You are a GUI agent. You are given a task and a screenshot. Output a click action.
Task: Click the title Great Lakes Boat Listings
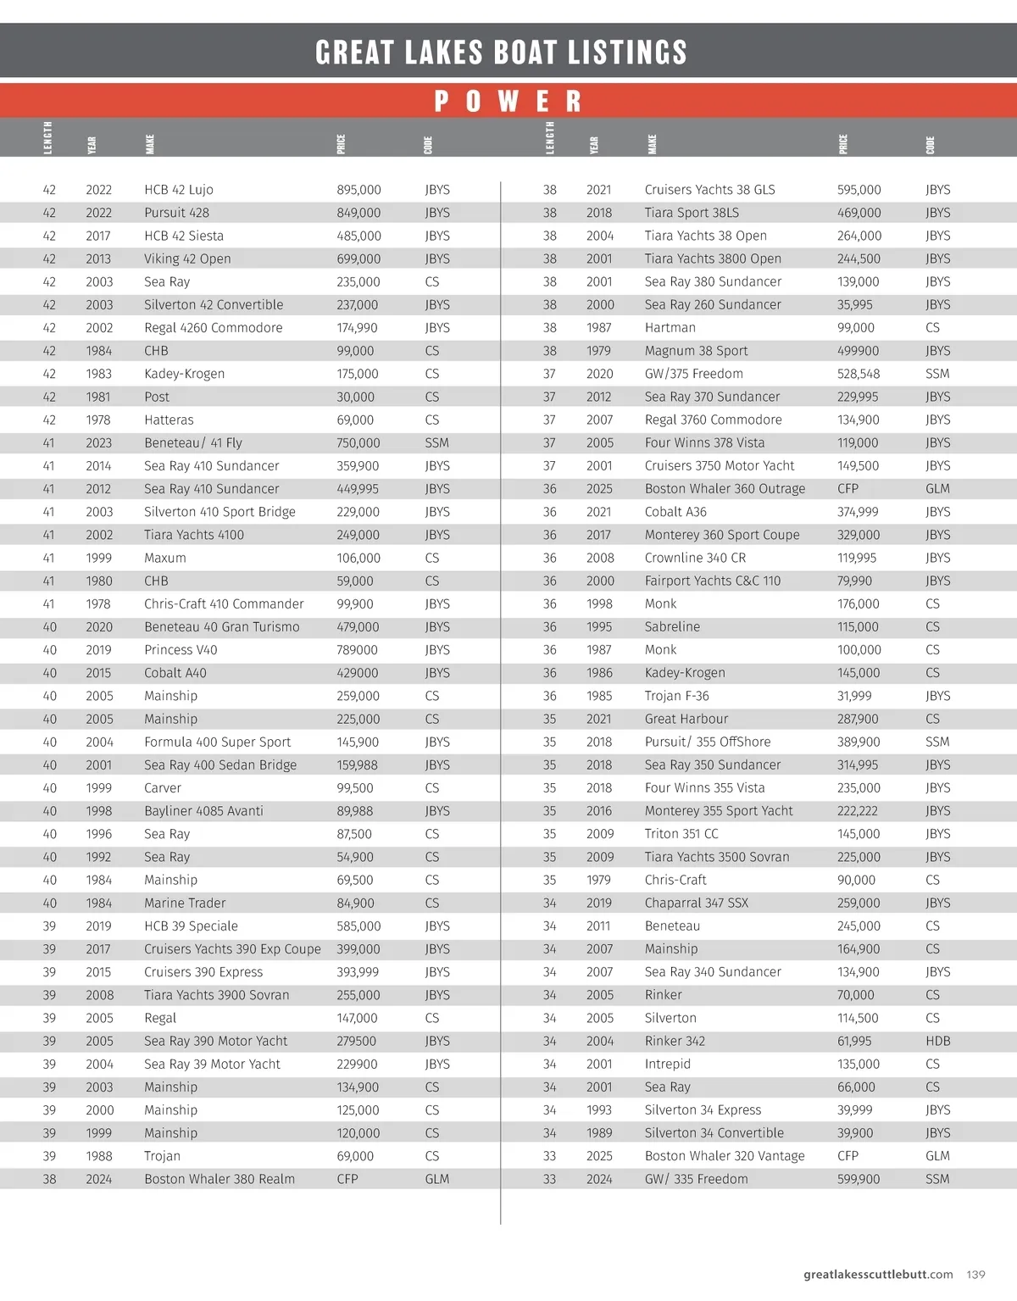tap(501, 53)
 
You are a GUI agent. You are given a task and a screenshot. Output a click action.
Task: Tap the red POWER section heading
tap(508, 102)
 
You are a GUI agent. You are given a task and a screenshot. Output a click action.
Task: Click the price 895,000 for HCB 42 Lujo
tap(358, 190)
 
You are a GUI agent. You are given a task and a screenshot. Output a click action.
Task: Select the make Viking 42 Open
tap(187, 259)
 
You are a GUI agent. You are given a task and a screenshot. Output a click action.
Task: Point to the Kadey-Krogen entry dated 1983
tap(184, 374)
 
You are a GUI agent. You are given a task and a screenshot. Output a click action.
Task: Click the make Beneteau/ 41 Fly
tap(192, 442)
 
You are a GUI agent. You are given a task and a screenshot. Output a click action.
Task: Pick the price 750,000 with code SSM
tap(358, 442)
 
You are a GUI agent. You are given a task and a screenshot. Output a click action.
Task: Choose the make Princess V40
tap(181, 650)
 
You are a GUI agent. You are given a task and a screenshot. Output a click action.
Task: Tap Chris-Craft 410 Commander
tap(224, 603)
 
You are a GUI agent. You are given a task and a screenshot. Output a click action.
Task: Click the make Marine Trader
tap(185, 903)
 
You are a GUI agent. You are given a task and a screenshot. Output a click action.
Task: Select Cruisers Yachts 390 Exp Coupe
tap(232, 949)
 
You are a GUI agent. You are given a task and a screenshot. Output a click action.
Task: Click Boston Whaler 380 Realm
tap(220, 1179)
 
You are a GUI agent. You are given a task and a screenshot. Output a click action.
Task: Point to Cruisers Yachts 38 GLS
tap(709, 190)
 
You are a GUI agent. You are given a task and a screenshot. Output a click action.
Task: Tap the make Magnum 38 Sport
tap(696, 351)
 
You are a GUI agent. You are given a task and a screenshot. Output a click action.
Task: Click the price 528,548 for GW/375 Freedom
tap(859, 374)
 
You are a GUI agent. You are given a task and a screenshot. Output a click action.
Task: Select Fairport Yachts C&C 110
tap(712, 581)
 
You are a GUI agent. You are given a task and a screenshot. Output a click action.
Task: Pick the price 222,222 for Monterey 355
tap(858, 811)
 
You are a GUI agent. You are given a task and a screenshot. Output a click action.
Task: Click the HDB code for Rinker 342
tap(937, 1041)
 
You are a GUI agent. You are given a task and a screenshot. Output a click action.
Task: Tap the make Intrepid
tap(667, 1064)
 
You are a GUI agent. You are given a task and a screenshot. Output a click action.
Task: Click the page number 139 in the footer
tap(975, 1274)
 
